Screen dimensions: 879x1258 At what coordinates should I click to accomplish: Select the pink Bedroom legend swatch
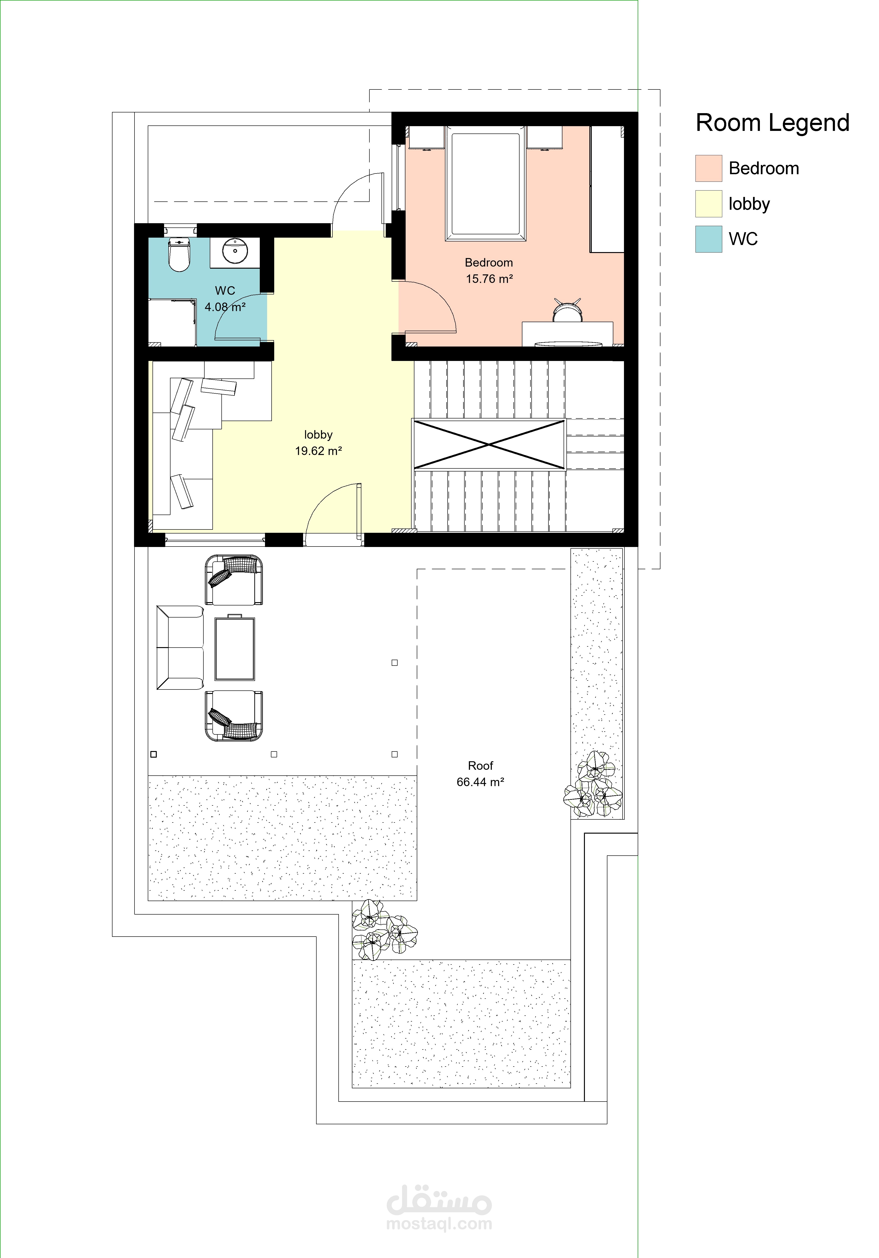[x=709, y=168]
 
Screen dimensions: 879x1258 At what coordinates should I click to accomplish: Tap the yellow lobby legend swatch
[x=709, y=204]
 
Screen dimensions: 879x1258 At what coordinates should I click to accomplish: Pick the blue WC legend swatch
[x=709, y=239]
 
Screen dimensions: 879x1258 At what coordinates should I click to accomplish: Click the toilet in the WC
[x=179, y=255]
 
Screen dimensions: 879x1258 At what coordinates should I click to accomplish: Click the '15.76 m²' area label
[x=489, y=279]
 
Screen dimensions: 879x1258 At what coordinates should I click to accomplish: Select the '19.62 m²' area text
[x=318, y=451]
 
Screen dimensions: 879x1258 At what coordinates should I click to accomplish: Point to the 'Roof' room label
[x=481, y=765]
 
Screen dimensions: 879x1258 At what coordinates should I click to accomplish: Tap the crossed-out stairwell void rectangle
[x=489, y=444]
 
